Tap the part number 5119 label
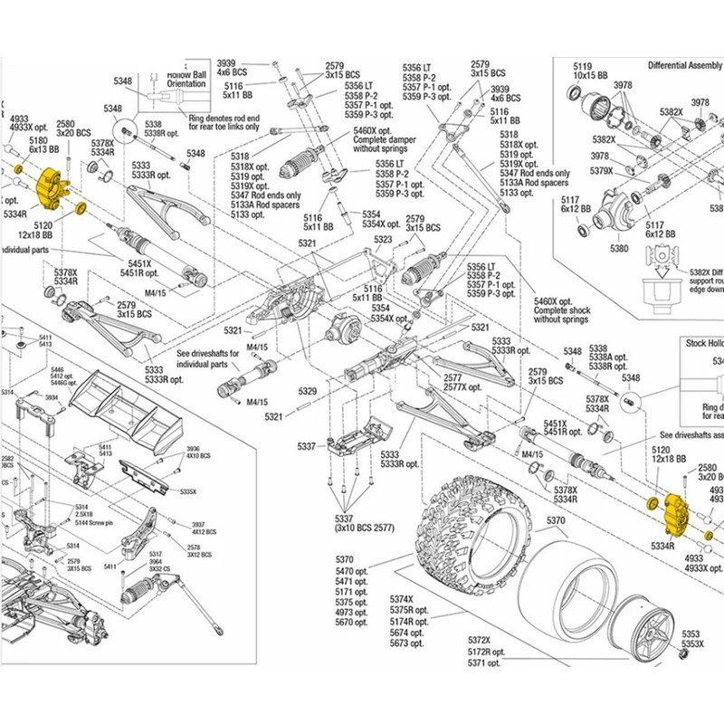coord(582,66)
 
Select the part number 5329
coord(308,391)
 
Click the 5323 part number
coord(383,240)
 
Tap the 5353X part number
coord(691,644)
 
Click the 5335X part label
coord(187,491)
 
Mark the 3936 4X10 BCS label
coord(193,452)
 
